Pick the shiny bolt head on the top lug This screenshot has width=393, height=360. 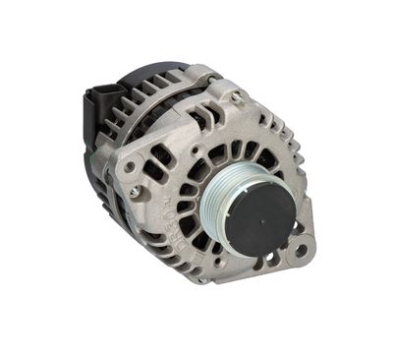coord(236,96)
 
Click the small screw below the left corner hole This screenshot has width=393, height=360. coord(131,193)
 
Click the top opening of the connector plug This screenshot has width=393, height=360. coord(104,90)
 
